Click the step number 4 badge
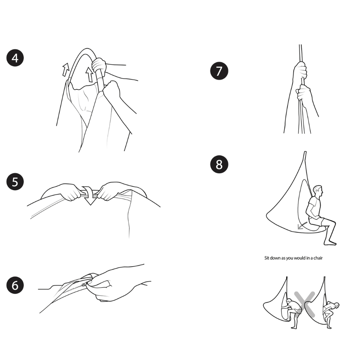click(x=15, y=58)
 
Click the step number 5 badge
click(x=15, y=182)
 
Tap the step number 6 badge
click(x=15, y=285)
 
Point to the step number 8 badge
click(x=219, y=164)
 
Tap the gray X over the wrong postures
click(x=304, y=303)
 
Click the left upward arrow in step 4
click(x=66, y=70)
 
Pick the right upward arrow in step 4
click(x=90, y=74)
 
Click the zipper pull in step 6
click(x=85, y=285)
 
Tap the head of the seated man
click(x=317, y=191)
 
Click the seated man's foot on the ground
click(x=331, y=242)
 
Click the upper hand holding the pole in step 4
click(x=99, y=65)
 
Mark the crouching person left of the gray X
click(x=291, y=311)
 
